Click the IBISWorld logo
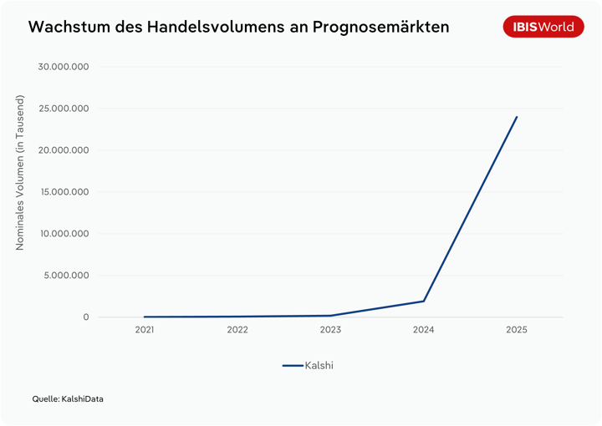point(543,27)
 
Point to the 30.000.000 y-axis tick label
point(64,67)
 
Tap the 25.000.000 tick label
point(64,109)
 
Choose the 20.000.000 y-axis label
point(64,150)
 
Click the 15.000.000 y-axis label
point(64,192)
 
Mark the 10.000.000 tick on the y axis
point(64,234)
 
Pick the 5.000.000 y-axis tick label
point(67,276)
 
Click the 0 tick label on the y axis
point(85,317)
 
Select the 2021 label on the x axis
point(145,330)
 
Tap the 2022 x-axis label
point(237,330)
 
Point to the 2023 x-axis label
point(330,330)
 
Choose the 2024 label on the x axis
point(424,330)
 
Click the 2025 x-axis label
point(517,330)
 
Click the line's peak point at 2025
point(517,117)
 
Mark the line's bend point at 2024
point(424,301)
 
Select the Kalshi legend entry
point(309,365)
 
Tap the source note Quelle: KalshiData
point(68,399)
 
